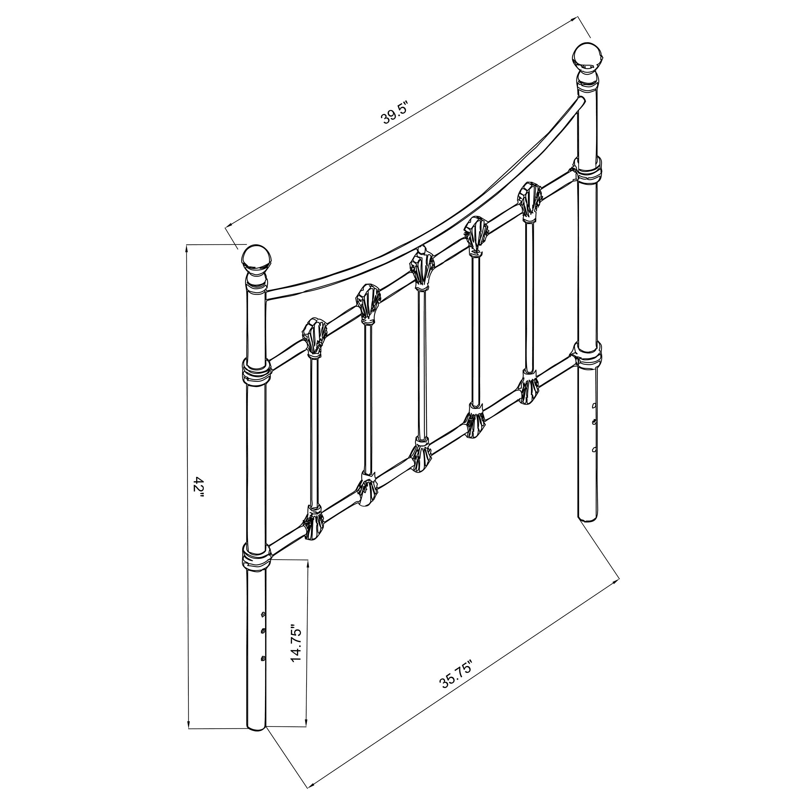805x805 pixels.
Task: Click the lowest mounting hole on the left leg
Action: (262, 669)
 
